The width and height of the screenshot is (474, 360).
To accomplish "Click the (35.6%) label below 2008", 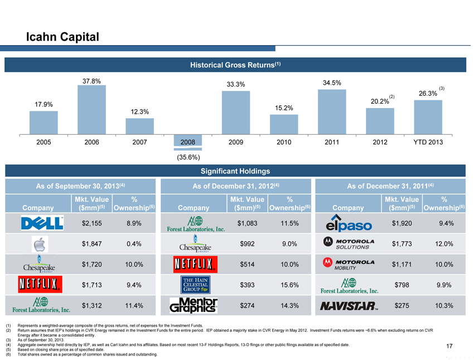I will click(x=187, y=157).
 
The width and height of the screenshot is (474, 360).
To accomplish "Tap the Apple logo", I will click(x=37, y=244).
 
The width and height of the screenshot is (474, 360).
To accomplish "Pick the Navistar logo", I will click(x=350, y=305).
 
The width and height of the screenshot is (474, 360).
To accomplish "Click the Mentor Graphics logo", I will click(x=193, y=306).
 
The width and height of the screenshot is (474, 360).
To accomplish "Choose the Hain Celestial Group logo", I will click(x=193, y=285).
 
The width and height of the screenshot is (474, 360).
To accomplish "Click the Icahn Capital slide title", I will click(x=62, y=37).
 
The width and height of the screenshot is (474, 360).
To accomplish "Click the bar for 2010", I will click(x=284, y=124).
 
